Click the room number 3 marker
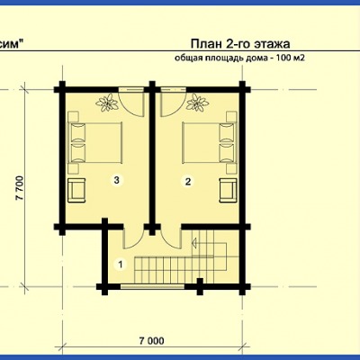point(117,180)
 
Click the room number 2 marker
point(188,181)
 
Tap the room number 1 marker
point(121,265)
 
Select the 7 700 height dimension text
point(20,188)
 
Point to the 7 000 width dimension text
point(152,341)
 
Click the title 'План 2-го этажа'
point(240,44)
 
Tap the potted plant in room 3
point(107,103)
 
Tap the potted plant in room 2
point(197,103)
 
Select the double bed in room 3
point(95,142)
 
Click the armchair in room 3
point(76,190)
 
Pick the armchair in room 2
point(228,190)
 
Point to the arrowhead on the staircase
point(194,242)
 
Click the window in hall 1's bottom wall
point(152,286)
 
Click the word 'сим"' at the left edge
point(12,44)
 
